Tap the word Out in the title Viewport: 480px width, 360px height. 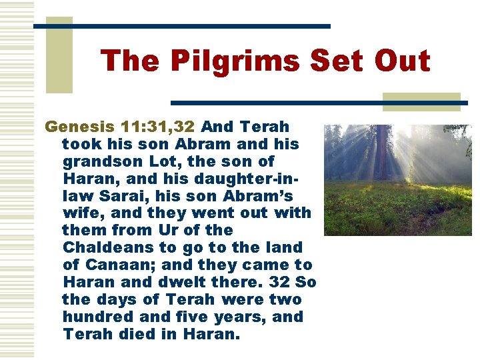tap(402, 61)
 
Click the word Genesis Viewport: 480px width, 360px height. tap(79, 127)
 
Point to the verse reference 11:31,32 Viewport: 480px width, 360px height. tap(157, 127)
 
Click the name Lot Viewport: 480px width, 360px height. tap(155, 161)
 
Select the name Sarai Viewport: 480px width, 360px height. tap(115, 196)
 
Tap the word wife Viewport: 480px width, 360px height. tap(80, 213)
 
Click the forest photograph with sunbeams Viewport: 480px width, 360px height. tap(397, 180)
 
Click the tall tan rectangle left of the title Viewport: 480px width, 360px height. tap(59, 55)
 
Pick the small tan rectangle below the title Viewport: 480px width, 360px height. tap(421, 101)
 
